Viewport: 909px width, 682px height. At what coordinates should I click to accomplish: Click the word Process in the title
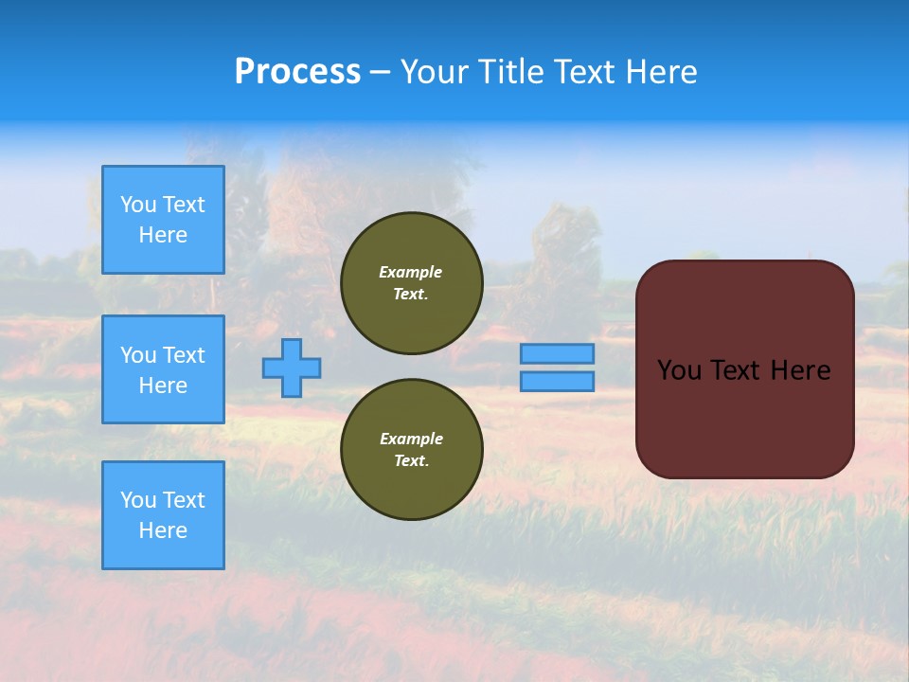coord(297,72)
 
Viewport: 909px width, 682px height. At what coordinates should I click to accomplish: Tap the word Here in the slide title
coord(659,72)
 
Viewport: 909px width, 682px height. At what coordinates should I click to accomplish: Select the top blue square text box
coord(163,220)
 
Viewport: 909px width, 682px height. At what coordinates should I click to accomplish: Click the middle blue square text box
coord(163,369)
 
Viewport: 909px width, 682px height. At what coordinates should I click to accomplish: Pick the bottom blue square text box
coord(163,515)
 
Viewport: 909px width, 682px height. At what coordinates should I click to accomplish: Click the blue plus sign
coord(292,368)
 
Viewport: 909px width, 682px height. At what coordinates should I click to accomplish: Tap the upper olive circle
coord(412,283)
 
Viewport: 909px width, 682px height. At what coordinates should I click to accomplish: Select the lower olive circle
coord(412,450)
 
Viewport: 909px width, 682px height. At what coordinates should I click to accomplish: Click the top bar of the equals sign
coord(558,354)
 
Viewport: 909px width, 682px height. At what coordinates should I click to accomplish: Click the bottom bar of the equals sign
coord(558,382)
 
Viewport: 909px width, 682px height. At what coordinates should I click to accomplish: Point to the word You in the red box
coord(679,370)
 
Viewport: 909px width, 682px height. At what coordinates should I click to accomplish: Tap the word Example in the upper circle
coord(411,272)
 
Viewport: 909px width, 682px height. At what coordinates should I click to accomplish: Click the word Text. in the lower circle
coord(411,461)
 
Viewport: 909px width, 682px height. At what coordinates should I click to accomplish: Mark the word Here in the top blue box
coord(163,235)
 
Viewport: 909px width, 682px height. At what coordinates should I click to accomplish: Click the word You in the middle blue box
coord(138,355)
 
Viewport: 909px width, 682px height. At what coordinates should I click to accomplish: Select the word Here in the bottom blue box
coord(163,530)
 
